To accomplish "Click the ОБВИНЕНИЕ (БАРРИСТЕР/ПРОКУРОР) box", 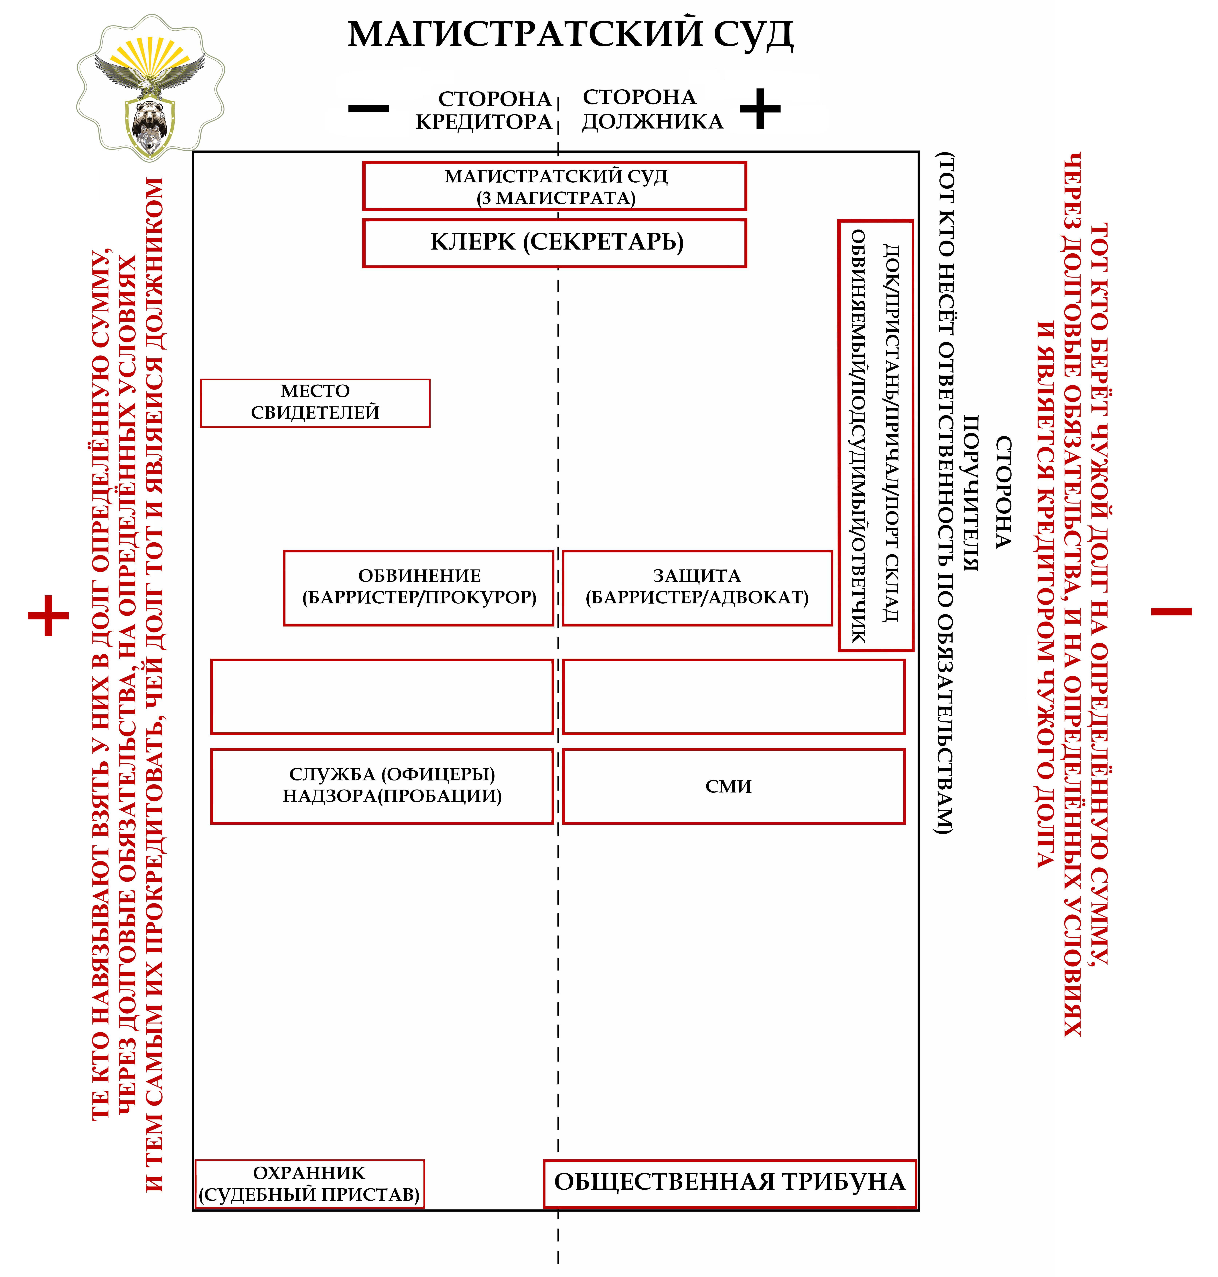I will coord(419,588).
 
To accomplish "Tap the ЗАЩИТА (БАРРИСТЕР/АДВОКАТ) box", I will coord(697,588).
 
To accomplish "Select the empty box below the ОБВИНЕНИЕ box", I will coord(382,697).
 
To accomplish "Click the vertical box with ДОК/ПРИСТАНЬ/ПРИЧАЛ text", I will coord(875,435).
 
